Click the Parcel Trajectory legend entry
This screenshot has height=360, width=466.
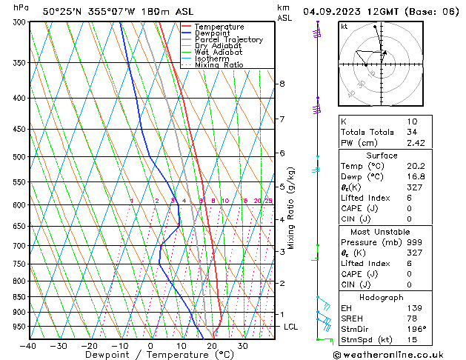click(228, 39)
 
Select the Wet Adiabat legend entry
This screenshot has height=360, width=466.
click(219, 53)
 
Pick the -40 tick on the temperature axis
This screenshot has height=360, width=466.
click(28, 346)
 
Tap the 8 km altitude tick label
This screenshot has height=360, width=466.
click(282, 84)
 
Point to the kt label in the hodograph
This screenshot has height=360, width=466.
click(344, 27)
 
